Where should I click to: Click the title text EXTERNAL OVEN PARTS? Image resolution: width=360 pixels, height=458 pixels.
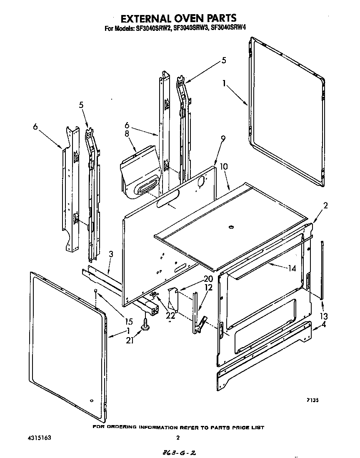[x=178, y=18]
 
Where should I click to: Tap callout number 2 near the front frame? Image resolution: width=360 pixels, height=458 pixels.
[x=325, y=205]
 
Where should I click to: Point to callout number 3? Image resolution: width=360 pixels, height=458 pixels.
[x=111, y=254]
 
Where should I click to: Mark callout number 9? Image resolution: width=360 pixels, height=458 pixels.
[x=223, y=139]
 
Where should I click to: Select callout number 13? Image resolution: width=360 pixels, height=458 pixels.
[x=324, y=316]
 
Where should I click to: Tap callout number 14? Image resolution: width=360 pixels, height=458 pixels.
[x=291, y=269]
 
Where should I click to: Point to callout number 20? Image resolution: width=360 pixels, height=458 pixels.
[x=208, y=279]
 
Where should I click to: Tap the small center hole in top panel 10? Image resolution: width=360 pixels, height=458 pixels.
[x=230, y=227]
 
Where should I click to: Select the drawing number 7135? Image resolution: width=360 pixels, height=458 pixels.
[x=312, y=400]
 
